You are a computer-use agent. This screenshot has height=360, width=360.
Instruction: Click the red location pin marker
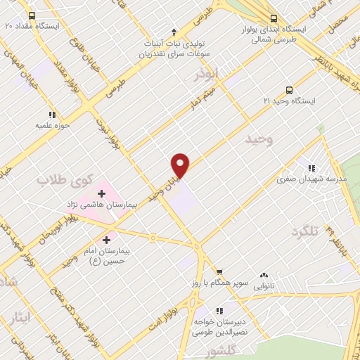coord(181,165)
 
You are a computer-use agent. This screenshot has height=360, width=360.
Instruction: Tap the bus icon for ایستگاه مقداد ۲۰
coord(30,15)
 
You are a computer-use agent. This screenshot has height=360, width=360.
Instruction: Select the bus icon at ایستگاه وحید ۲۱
coord(289,90)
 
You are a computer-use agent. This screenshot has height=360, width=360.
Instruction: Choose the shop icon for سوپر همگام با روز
coord(219,271)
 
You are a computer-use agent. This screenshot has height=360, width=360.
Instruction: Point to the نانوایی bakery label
coord(264,286)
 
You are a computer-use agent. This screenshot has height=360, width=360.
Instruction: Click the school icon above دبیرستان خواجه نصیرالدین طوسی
coord(219,309)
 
